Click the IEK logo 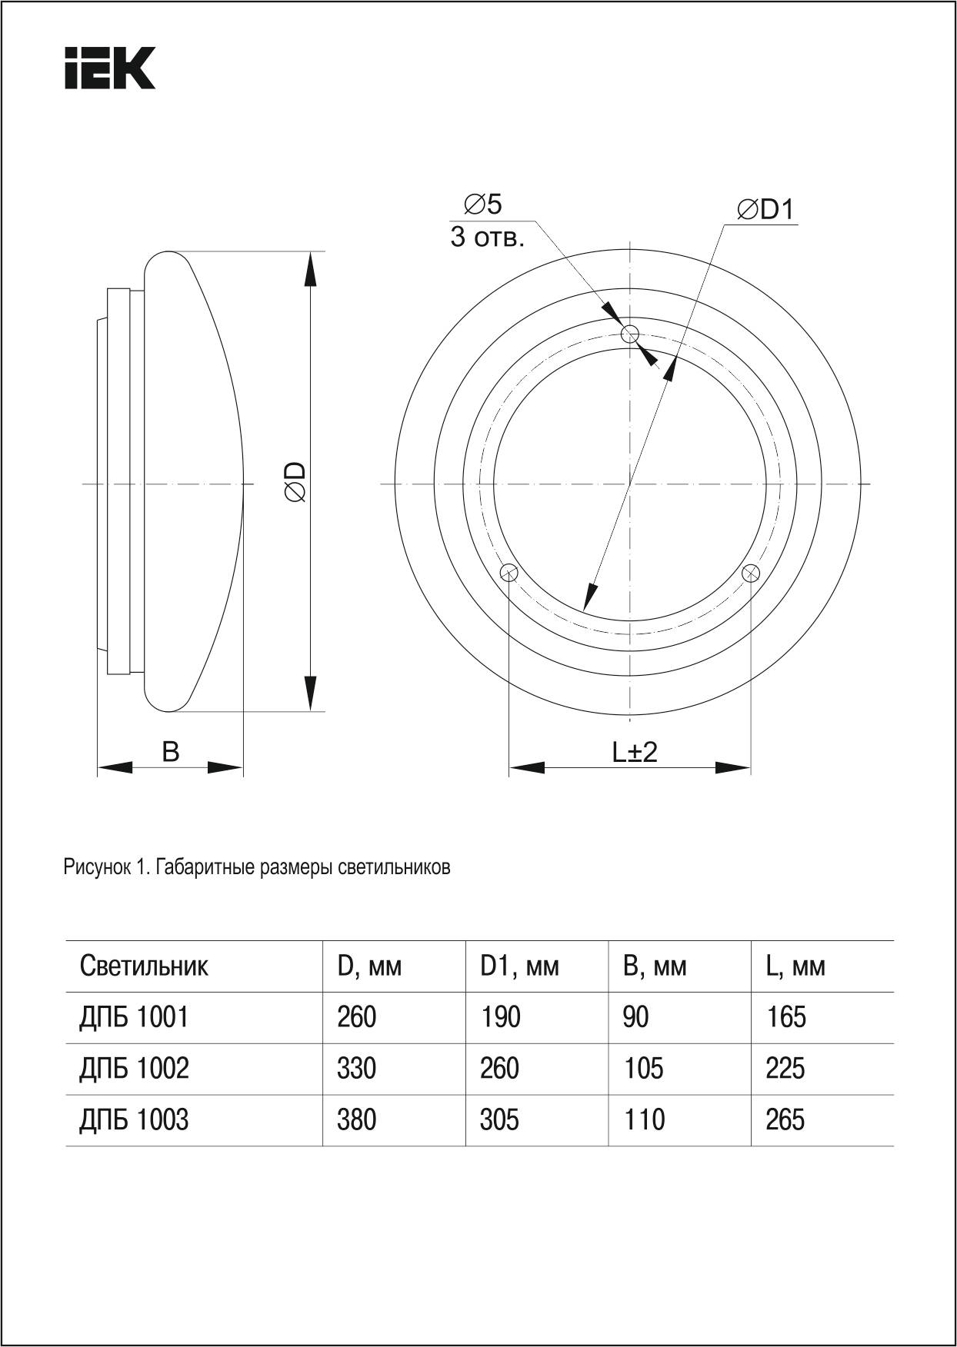[x=110, y=68]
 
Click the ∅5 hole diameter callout [x=483, y=205]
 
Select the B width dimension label [x=170, y=751]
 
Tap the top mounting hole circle [x=630, y=334]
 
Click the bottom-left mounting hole [x=509, y=573]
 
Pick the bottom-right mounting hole [x=750, y=573]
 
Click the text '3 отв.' [x=487, y=238]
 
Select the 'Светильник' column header [x=144, y=966]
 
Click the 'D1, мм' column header [x=519, y=966]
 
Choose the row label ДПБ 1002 [x=134, y=1069]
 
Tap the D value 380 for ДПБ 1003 [x=356, y=1120]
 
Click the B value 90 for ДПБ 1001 [x=635, y=1017]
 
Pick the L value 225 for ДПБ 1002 [x=785, y=1069]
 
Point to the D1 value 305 [x=499, y=1120]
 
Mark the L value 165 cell [x=785, y=1017]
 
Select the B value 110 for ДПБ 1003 [x=643, y=1120]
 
